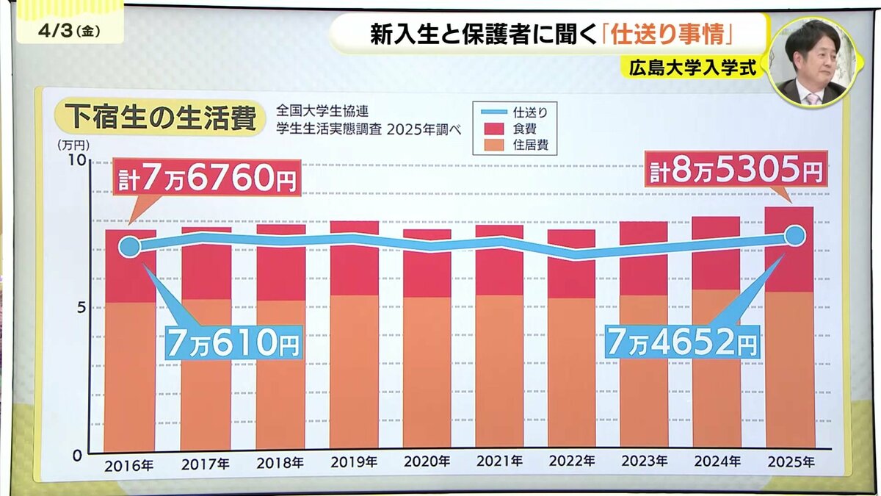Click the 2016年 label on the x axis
129,464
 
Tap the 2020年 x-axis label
427,464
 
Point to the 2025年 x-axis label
790,464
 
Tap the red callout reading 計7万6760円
206,178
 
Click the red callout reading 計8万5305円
735,172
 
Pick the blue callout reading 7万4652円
681,342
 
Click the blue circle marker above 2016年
129,246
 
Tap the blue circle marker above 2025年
794,236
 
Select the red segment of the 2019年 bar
355,258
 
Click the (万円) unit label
70,145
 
